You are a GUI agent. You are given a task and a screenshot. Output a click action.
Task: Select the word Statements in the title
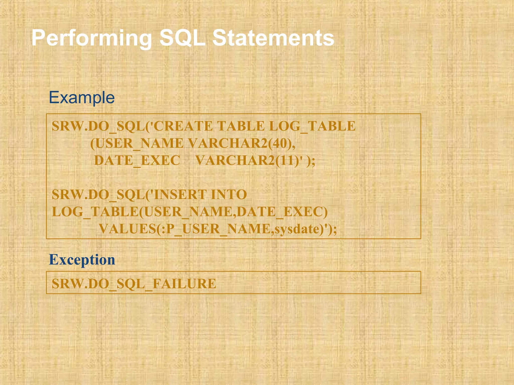273,38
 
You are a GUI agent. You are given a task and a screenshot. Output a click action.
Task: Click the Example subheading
82,98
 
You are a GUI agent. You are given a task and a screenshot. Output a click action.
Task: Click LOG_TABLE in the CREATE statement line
312,126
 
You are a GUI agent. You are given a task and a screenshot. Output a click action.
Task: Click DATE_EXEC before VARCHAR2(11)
137,160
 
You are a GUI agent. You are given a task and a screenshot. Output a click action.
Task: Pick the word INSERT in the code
180,195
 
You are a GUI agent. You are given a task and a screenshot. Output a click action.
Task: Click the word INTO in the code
229,195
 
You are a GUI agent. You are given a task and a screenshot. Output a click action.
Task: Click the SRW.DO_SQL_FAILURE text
134,284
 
